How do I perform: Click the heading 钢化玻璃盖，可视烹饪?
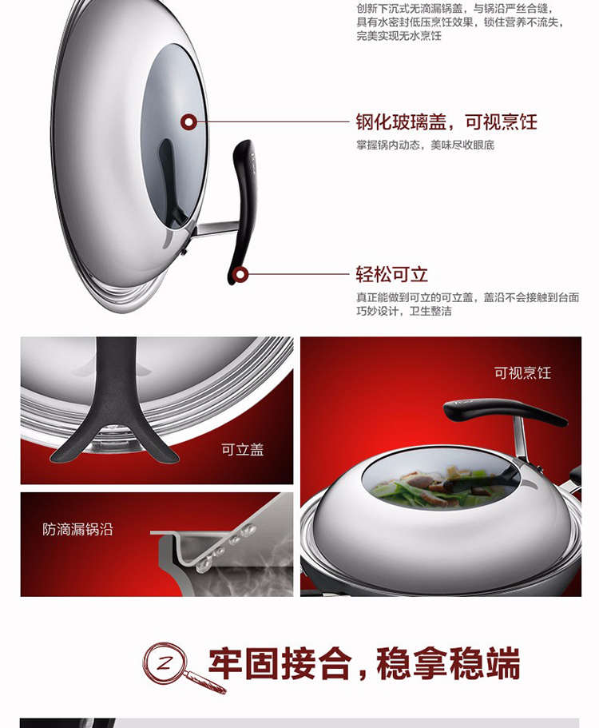pyautogui.click(x=446, y=122)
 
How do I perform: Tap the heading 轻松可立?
pyautogui.click(x=391, y=274)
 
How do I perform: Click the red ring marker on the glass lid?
pyautogui.click(x=188, y=122)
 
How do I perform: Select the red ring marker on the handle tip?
pyautogui.click(x=240, y=275)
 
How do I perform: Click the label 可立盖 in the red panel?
pyautogui.click(x=242, y=449)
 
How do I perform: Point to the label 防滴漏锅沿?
pyautogui.click(x=77, y=529)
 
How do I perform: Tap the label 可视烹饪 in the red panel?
pyautogui.click(x=522, y=373)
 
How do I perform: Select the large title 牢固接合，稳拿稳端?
pyautogui.click(x=364, y=664)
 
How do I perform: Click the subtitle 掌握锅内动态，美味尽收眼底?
pyautogui.click(x=425, y=145)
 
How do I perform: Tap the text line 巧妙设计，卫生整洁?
pyautogui.click(x=403, y=311)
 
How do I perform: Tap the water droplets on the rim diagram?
pyautogui.click(x=224, y=547)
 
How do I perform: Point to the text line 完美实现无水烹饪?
pyautogui.click(x=399, y=36)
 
